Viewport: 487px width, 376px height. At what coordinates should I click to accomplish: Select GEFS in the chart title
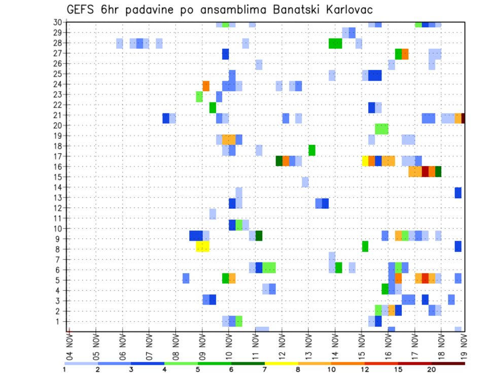pos(81,10)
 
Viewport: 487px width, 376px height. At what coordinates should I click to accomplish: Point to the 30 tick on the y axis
pos(57,22)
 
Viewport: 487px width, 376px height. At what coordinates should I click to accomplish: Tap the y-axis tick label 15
pos(57,177)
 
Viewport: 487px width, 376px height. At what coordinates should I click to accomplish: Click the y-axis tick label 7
pos(58,259)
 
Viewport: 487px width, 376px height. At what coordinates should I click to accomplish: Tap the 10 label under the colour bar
pos(331,369)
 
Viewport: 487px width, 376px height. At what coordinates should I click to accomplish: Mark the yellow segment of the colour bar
pos(281,363)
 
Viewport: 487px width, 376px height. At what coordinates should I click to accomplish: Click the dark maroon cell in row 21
pos(463,118)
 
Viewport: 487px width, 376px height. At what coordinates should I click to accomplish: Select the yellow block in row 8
pos(202,246)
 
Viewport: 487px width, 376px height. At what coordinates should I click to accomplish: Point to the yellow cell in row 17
pos(365,161)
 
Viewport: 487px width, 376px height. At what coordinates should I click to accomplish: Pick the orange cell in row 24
pos(206,86)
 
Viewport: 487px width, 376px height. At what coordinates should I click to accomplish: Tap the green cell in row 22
pos(213,107)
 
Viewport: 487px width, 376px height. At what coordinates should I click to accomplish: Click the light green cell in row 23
pos(199,96)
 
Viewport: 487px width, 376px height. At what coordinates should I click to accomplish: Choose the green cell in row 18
pos(312,151)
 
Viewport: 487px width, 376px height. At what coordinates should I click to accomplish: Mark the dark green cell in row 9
pos(259,236)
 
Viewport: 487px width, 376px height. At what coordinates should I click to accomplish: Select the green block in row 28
pos(335,44)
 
